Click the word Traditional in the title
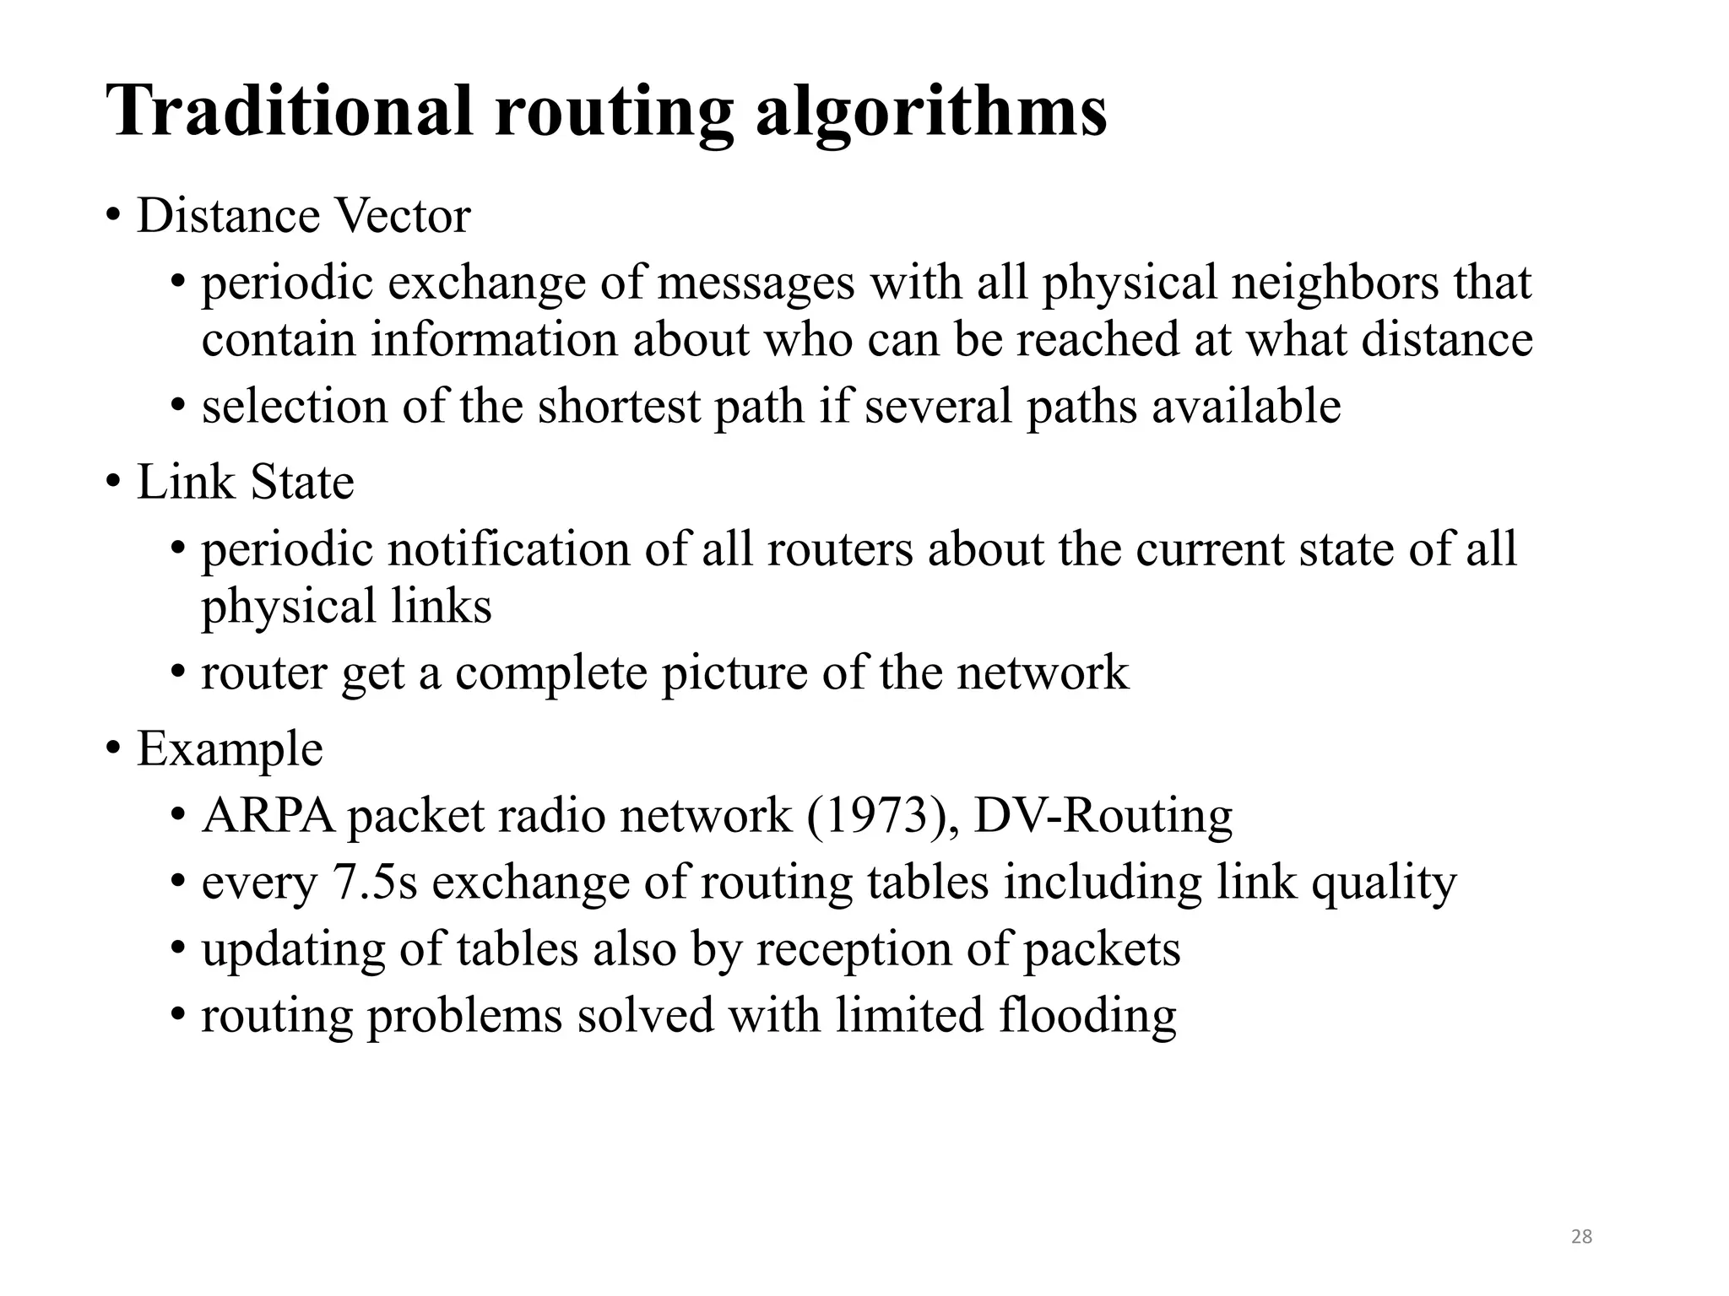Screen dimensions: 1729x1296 click(x=290, y=111)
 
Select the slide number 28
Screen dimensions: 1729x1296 click(x=1581, y=1236)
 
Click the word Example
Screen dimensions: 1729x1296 click(x=230, y=748)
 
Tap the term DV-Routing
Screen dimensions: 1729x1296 click(x=1103, y=816)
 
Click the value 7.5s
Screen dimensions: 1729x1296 click(x=376, y=883)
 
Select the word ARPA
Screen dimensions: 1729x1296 click(x=268, y=816)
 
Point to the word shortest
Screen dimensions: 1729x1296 click(x=619, y=407)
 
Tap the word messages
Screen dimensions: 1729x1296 click(x=756, y=284)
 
